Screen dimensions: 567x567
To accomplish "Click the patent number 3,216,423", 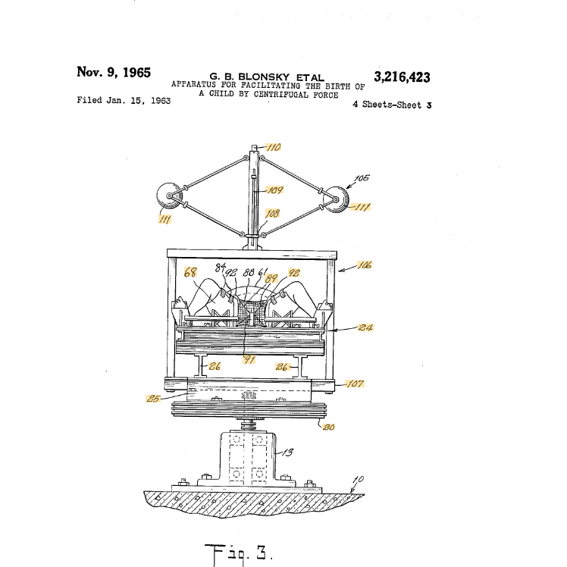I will click(402, 77).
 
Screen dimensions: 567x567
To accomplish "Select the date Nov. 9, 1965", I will click(114, 73).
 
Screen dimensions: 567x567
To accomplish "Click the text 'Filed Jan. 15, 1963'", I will click(124, 100).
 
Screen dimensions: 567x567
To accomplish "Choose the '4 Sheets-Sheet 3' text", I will click(392, 105).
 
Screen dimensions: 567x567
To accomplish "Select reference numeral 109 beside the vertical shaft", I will click(275, 190).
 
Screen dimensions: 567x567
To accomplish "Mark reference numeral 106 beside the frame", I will click(363, 265).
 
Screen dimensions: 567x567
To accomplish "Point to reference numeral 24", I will click(364, 328).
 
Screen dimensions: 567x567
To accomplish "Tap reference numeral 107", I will click(355, 384).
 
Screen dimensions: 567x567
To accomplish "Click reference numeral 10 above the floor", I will click(359, 479).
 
